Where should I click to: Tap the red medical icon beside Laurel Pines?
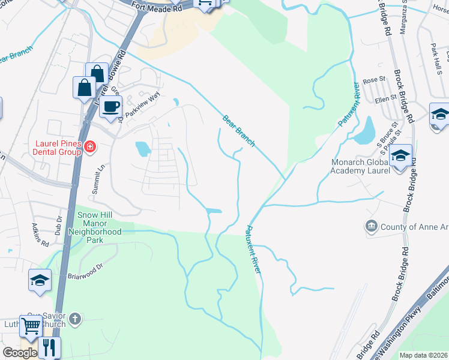click(x=90, y=146)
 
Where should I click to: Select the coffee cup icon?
click(x=110, y=107)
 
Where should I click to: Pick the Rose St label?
click(x=373, y=80)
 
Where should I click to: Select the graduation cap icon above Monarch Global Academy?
click(x=400, y=156)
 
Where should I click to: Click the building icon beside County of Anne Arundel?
click(x=371, y=226)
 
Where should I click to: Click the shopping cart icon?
click(x=31, y=327)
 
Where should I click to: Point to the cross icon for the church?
click(x=75, y=318)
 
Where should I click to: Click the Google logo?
click(x=20, y=353)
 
